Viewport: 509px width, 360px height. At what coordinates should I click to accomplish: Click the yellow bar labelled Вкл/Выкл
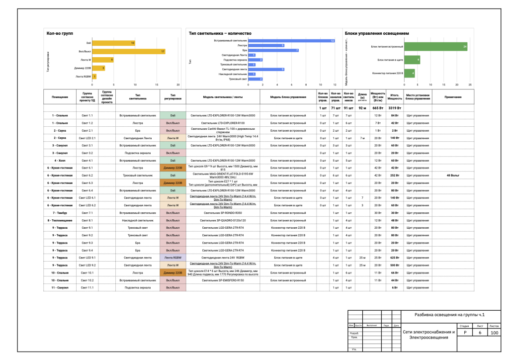[x=129, y=52]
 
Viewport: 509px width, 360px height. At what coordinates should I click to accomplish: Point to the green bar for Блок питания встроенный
[x=435, y=47]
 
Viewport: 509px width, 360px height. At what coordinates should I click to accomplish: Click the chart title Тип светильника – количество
[x=220, y=33]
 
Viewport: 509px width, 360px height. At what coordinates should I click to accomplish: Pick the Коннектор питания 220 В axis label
[x=386, y=74]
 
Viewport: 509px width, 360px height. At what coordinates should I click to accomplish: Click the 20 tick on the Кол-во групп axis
[x=178, y=85]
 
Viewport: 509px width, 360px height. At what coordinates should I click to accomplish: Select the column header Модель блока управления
[x=288, y=96]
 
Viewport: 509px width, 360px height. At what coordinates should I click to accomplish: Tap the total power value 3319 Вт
[x=395, y=108]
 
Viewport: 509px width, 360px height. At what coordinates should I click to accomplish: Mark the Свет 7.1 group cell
[x=87, y=213]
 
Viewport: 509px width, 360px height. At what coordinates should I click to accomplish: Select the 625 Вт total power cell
[x=395, y=258]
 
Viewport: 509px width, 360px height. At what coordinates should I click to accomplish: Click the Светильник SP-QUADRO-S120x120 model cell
[x=223, y=220]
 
